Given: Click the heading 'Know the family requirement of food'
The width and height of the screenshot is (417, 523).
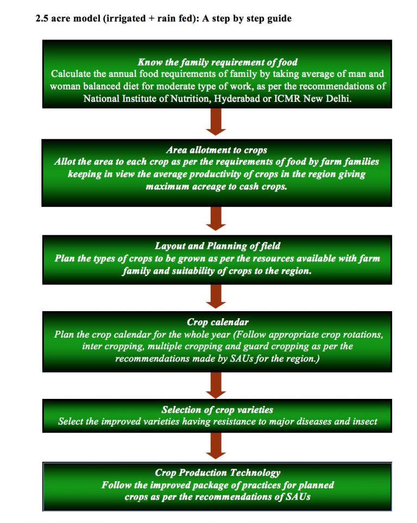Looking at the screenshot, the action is coord(218,62).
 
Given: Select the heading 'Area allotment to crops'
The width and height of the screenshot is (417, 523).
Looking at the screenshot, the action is coord(217,150).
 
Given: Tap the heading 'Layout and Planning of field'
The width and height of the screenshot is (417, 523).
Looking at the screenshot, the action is coord(218,246).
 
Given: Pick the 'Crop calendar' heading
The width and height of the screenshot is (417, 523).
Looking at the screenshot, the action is coord(218,322).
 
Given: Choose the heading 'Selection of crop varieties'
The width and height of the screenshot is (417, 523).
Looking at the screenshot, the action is coord(217,410).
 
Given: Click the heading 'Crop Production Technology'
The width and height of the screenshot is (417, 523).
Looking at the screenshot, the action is coord(218,473).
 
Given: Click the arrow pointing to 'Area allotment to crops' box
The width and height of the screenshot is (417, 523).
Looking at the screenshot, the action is coord(216,122).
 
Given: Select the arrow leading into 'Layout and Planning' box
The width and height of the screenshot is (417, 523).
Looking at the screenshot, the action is coord(216,219).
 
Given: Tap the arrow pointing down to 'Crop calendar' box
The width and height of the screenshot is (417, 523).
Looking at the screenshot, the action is coord(216,296).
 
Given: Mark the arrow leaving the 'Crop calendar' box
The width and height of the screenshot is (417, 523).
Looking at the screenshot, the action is coord(216,385).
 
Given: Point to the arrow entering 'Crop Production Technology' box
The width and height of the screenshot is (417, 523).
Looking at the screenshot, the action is coord(216,446).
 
